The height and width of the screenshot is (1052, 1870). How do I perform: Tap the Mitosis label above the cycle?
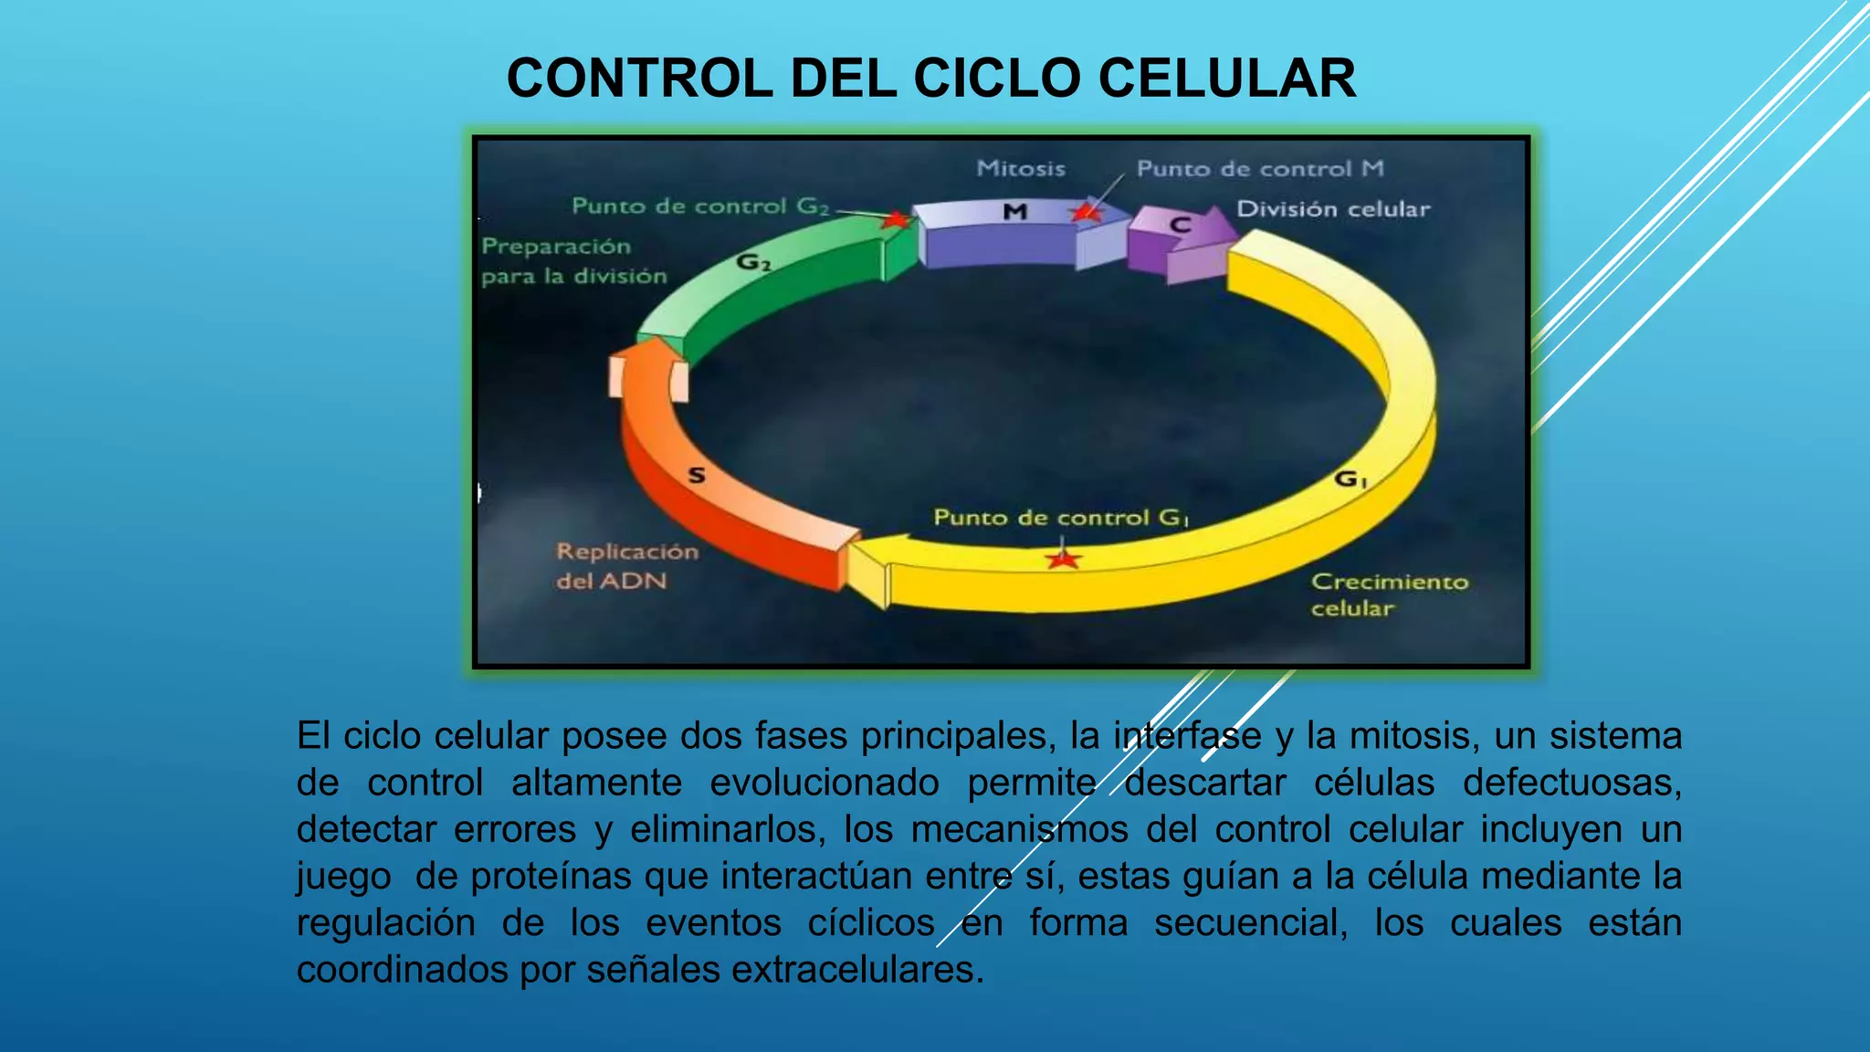[x=1020, y=169]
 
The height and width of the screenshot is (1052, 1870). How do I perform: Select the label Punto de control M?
[x=1260, y=169]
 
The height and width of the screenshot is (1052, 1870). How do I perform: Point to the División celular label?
[x=1332, y=209]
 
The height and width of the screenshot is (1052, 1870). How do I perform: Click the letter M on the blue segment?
[x=1015, y=213]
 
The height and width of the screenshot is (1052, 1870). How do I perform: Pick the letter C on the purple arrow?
[x=1180, y=225]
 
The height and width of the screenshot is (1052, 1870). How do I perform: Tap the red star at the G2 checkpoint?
[x=897, y=220]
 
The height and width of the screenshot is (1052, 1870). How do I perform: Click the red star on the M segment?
[x=1086, y=213]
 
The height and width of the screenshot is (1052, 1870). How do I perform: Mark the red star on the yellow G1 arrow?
[x=1063, y=558]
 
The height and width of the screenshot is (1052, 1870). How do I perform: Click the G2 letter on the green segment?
[x=753, y=263]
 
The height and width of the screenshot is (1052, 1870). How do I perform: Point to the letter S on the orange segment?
[x=697, y=475]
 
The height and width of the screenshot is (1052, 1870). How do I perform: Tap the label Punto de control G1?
[x=1060, y=518]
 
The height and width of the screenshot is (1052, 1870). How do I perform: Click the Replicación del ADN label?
[x=626, y=566]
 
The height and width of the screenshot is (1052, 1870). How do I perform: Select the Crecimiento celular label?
[x=1389, y=594]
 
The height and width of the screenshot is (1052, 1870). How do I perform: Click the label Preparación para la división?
[x=573, y=261]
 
